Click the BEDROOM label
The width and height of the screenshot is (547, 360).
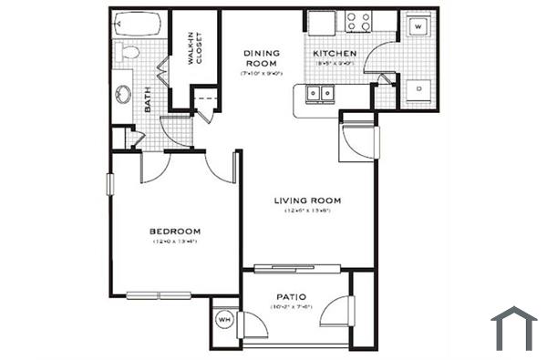[175, 231]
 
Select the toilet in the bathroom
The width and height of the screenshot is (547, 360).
[128, 52]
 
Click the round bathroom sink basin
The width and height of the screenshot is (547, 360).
[124, 92]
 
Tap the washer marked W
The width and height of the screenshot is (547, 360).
[417, 27]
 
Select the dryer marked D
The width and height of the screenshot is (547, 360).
[417, 89]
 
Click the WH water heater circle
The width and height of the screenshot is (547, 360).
[224, 320]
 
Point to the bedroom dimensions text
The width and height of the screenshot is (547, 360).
[175, 242]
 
